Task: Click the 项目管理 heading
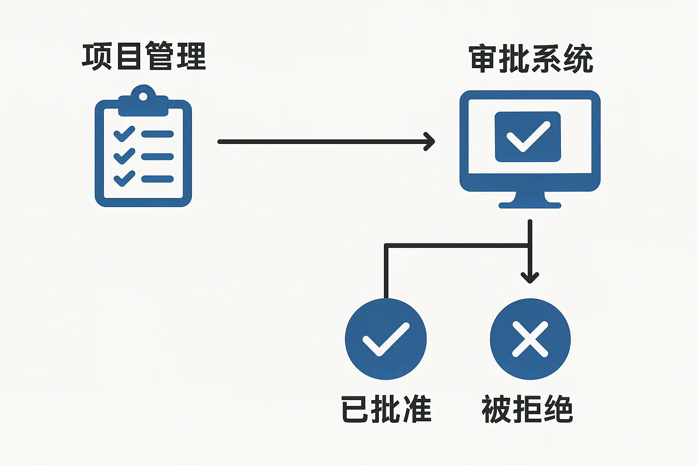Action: (144, 56)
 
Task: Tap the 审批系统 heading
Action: (531, 59)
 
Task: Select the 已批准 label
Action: (386, 409)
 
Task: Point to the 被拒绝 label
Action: (527, 409)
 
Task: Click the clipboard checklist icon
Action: (143, 150)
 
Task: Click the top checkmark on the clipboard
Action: (124, 134)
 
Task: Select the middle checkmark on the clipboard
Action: (124, 156)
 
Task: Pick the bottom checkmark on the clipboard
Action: (124, 178)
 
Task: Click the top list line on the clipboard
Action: (157, 134)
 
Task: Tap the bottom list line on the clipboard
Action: (157, 179)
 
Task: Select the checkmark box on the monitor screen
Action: (528, 137)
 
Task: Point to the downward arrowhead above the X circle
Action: (530, 277)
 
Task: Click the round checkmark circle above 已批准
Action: (386, 339)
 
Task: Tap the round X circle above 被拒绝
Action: (530, 339)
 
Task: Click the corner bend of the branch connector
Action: (386, 246)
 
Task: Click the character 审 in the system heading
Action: (484, 59)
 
